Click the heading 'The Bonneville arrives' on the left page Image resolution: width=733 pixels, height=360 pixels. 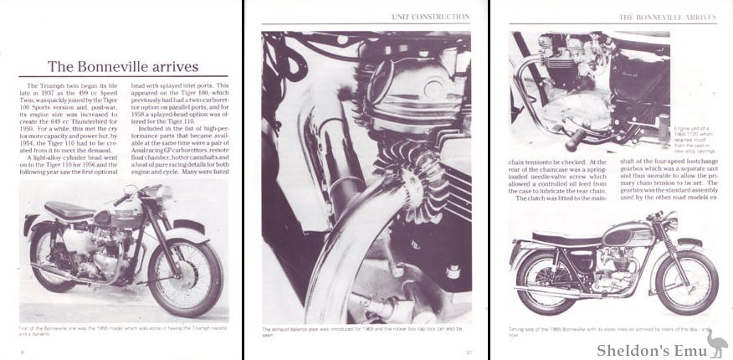point(122,66)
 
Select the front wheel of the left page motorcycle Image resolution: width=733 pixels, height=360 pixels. point(197,277)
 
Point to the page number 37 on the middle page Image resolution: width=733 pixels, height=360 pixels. point(469,352)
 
